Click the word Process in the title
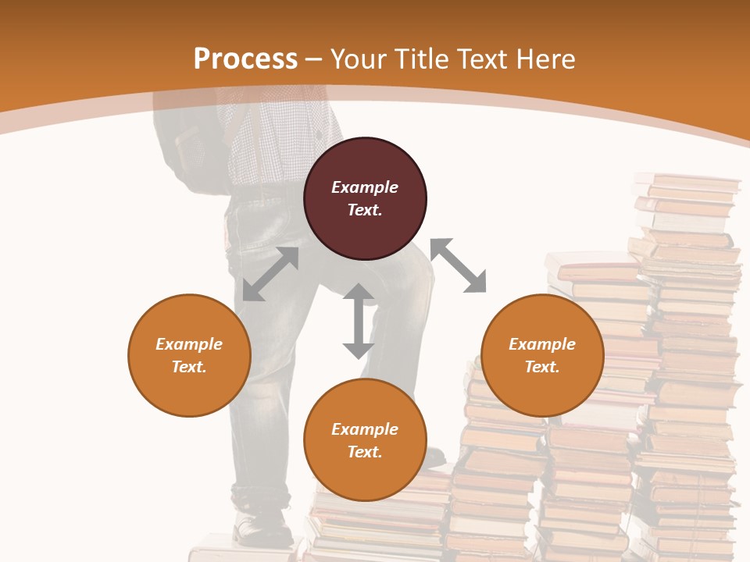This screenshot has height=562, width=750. pos(245,59)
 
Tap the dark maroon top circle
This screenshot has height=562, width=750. pos(365,198)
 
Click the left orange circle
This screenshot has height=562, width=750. pos(189,355)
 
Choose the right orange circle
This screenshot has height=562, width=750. pos(542,355)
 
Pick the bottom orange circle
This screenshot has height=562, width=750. pos(365,440)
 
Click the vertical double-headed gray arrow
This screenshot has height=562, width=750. pos(359,321)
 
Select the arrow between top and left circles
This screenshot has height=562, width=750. pos(270,274)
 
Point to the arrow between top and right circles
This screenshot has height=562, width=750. pos(458,265)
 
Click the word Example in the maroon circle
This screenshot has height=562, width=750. pos(365,187)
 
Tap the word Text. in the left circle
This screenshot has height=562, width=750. pos(189,367)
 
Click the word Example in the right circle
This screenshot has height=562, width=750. pos(542,344)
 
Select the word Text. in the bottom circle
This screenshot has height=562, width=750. pos(365,452)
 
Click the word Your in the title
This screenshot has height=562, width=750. pos(359,59)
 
